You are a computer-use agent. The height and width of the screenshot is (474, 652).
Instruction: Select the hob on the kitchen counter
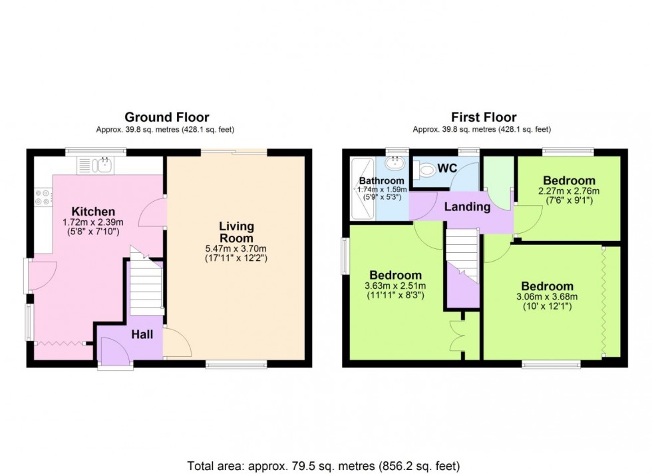(x=43, y=197)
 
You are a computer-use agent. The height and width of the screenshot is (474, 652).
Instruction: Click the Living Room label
(x=236, y=232)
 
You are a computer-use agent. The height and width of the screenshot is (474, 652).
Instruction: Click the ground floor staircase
(x=146, y=288)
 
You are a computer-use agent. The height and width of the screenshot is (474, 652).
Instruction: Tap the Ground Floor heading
(x=167, y=118)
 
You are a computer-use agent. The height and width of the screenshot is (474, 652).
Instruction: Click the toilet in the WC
(x=424, y=171)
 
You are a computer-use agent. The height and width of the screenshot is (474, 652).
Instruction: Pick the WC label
(x=446, y=168)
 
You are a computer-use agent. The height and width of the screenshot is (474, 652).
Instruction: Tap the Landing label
(x=467, y=207)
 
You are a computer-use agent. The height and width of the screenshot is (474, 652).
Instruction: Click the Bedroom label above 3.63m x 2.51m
(x=395, y=275)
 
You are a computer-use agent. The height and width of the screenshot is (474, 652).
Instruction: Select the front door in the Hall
(x=114, y=350)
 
